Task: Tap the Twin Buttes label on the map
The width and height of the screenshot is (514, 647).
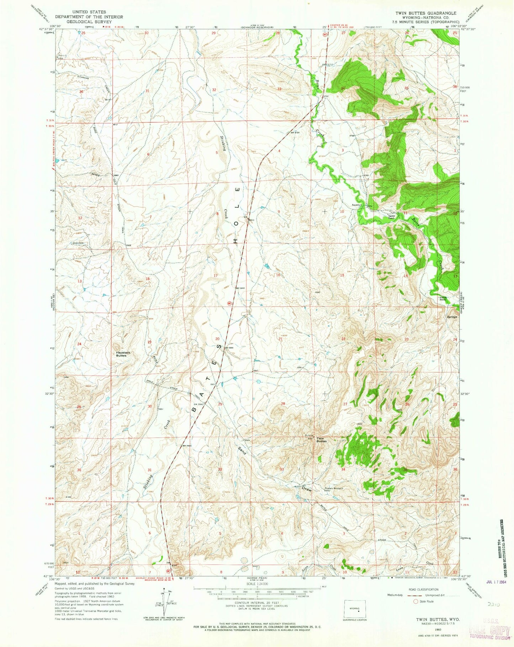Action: (x=322, y=440)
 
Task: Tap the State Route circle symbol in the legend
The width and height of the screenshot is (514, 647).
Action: (x=416, y=601)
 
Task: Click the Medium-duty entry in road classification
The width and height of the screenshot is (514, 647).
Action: (x=396, y=595)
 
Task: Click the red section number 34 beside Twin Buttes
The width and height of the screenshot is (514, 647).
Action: (x=343, y=469)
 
